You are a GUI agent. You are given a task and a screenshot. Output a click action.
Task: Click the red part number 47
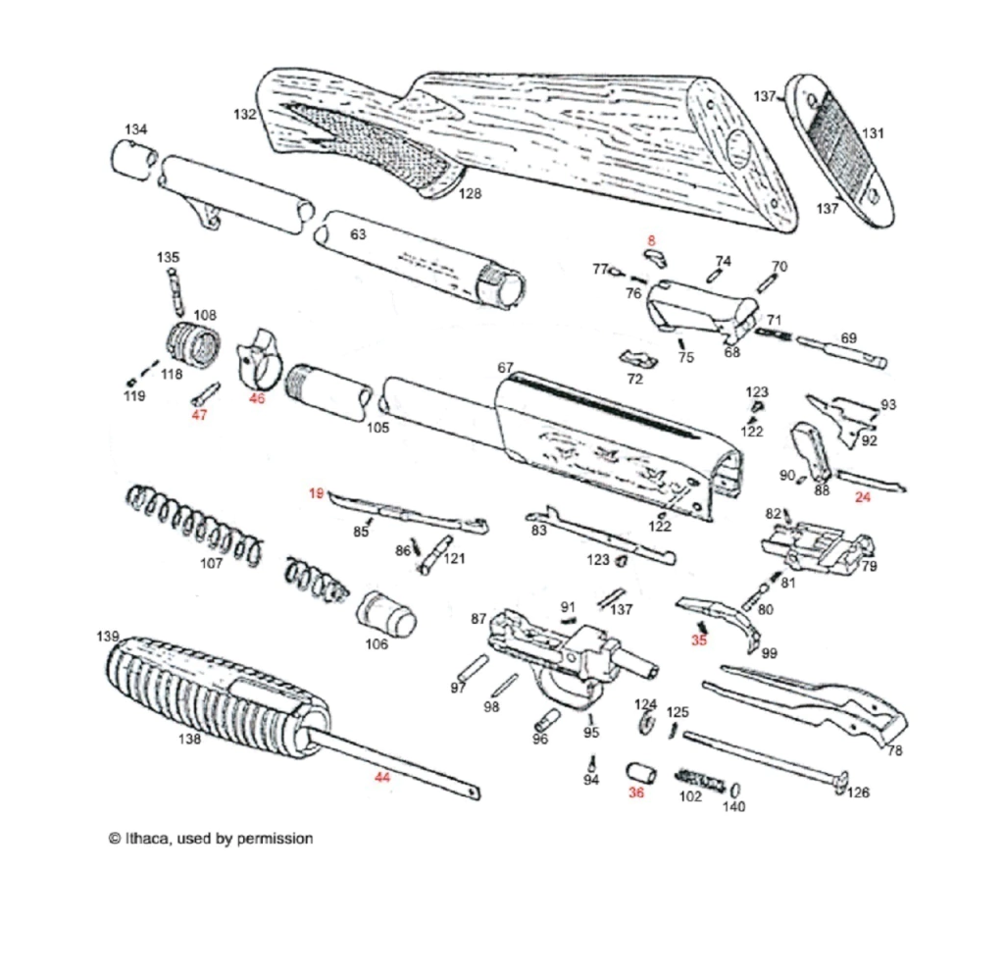(199, 415)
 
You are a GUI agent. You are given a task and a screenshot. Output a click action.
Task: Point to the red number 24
(863, 497)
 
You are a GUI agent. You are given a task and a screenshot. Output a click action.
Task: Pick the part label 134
(136, 129)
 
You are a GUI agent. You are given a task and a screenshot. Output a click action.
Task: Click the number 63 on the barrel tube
(358, 234)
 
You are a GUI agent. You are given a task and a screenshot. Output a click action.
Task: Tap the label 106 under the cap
(376, 644)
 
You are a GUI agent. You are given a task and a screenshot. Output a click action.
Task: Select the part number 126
(858, 793)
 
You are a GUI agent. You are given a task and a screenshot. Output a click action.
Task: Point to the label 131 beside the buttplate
(873, 132)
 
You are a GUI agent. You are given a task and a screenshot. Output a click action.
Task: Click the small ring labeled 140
(734, 791)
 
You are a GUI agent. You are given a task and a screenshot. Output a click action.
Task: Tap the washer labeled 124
(647, 724)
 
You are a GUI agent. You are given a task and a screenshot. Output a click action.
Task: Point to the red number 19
(316, 493)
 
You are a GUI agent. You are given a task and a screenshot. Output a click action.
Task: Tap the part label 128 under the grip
(471, 193)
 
